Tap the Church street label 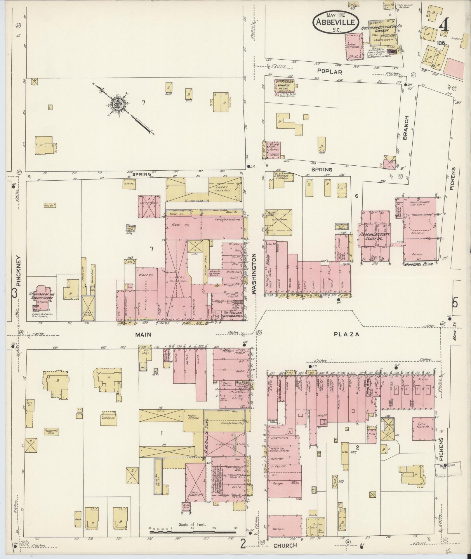tap(285, 545)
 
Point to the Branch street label tap(406, 128)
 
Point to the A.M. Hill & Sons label tap(207, 440)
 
